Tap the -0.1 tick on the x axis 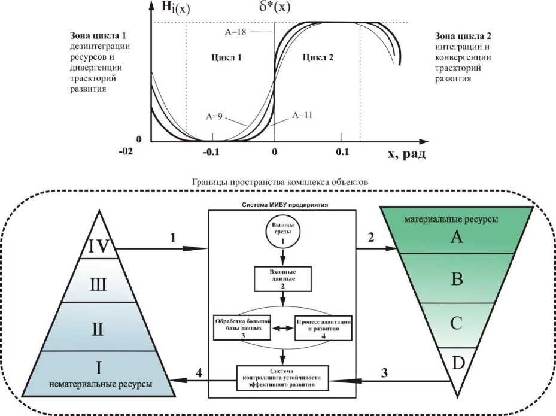[212, 153]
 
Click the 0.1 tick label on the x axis [342, 153]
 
